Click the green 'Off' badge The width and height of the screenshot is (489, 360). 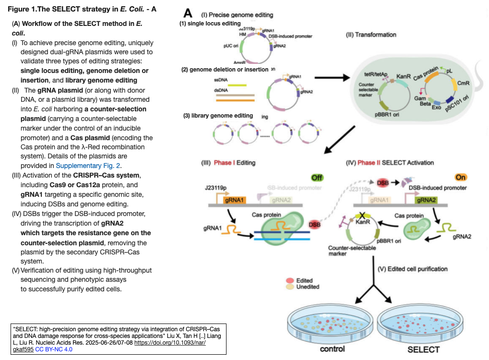pos(317,177)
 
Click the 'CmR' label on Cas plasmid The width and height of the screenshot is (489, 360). pos(463,84)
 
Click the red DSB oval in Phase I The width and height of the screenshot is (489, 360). pos(314,224)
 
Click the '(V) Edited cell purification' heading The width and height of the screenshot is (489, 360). pos(412,269)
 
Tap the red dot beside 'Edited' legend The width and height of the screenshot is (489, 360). pos(289,280)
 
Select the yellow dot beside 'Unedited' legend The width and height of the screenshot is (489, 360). pos(289,287)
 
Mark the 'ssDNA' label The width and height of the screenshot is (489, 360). pos(221,79)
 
